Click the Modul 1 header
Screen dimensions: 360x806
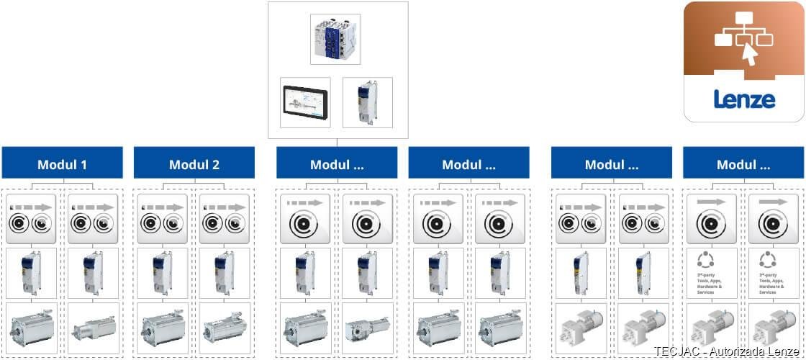[62, 163]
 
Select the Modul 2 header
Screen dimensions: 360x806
[194, 163]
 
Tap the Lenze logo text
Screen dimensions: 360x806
[744, 99]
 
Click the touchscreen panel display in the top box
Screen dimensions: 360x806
[305, 102]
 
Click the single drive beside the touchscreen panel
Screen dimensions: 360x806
[367, 102]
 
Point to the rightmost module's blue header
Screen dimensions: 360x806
[743, 163]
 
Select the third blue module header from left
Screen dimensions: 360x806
[337, 163]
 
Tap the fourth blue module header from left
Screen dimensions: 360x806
[468, 163]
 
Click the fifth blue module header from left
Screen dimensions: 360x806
[612, 163]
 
